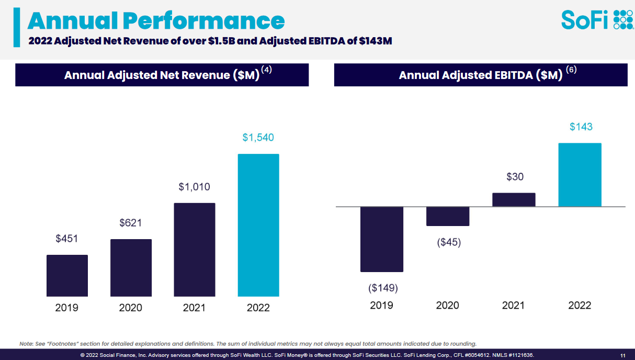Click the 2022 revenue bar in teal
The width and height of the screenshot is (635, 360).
click(258, 225)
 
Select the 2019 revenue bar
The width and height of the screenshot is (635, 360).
click(67, 276)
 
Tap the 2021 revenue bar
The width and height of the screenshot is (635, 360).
click(195, 250)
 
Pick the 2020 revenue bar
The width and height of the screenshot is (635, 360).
click(131, 268)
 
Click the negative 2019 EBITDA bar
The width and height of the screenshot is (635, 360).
click(382, 239)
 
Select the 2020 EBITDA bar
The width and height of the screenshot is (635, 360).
click(448, 216)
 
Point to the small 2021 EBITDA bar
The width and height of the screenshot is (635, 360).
click(514, 200)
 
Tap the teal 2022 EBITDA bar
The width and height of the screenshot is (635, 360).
click(580, 175)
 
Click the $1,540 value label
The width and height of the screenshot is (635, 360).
click(258, 138)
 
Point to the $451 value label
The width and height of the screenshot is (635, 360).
click(67, 239)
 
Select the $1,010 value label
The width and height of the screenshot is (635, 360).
click(195, 187)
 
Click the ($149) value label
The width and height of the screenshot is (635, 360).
click(383, 288)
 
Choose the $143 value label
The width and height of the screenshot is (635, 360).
click(581, 127)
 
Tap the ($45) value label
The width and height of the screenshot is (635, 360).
click(449, 242)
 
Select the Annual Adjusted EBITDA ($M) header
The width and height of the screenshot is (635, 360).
click(481, 75)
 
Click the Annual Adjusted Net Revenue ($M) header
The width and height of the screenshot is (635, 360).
click(162, 75)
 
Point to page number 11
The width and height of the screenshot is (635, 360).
click(622, 355)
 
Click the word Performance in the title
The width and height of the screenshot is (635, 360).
click(204, 21)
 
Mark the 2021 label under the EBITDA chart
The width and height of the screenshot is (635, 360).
click(514, 306)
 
